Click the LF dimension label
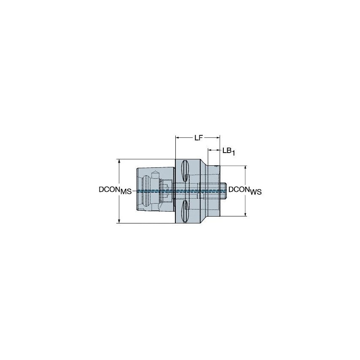(x=199, y=137)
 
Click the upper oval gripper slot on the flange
(x=185, y=171)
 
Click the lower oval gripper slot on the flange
(x=185, y=211)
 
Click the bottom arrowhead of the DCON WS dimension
(x=246, y=214)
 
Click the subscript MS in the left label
(x=126, y=192)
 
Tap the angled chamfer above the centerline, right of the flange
(x=204, y=164)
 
